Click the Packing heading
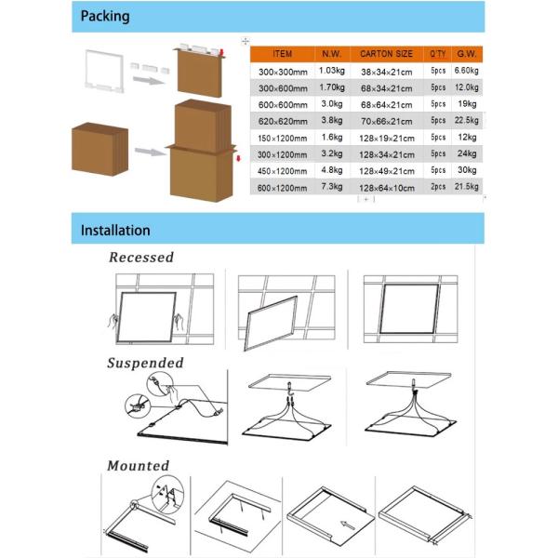[105, 17]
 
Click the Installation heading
[115, 231]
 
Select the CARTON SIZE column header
[386, 54]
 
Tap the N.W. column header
[331, 54]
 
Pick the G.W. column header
[467, 54]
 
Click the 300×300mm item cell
[283, 72]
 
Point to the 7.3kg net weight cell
[332, 186]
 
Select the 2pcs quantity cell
[438, 187]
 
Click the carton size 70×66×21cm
[387, 121]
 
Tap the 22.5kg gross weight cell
[467, 120]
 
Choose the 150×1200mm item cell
[282, 138]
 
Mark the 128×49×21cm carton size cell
[387, 171]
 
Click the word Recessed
[141, 258]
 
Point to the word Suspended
[145, 364]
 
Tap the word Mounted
[138, 466]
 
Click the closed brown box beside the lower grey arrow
[100, 149]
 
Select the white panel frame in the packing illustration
[104, 72]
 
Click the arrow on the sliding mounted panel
[347, 525]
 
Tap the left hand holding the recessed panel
[113, 323]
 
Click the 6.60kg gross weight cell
[467, 71]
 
